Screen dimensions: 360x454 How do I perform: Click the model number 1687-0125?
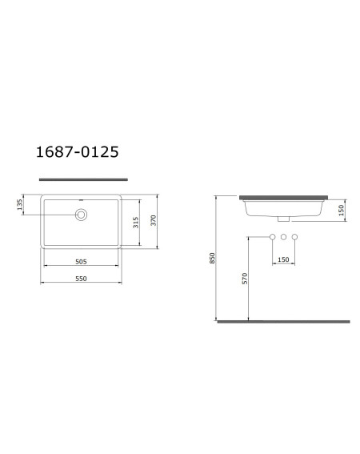tap(78, 152)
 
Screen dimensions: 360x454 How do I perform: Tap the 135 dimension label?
tap(19, 204)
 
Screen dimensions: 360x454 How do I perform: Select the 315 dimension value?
tap(136, 223)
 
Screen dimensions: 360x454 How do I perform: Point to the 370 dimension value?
tap(154, 220)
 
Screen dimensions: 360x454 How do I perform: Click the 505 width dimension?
tap(81, 262)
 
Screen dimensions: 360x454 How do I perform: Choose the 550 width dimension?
tap(81, 279)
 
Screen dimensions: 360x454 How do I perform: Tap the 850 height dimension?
tap(213, 258)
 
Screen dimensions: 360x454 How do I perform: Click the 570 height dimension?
tap(245, 279)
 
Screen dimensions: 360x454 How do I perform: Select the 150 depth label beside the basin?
tap(342, 210)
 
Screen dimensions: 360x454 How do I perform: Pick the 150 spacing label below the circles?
tap(283, 259)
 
